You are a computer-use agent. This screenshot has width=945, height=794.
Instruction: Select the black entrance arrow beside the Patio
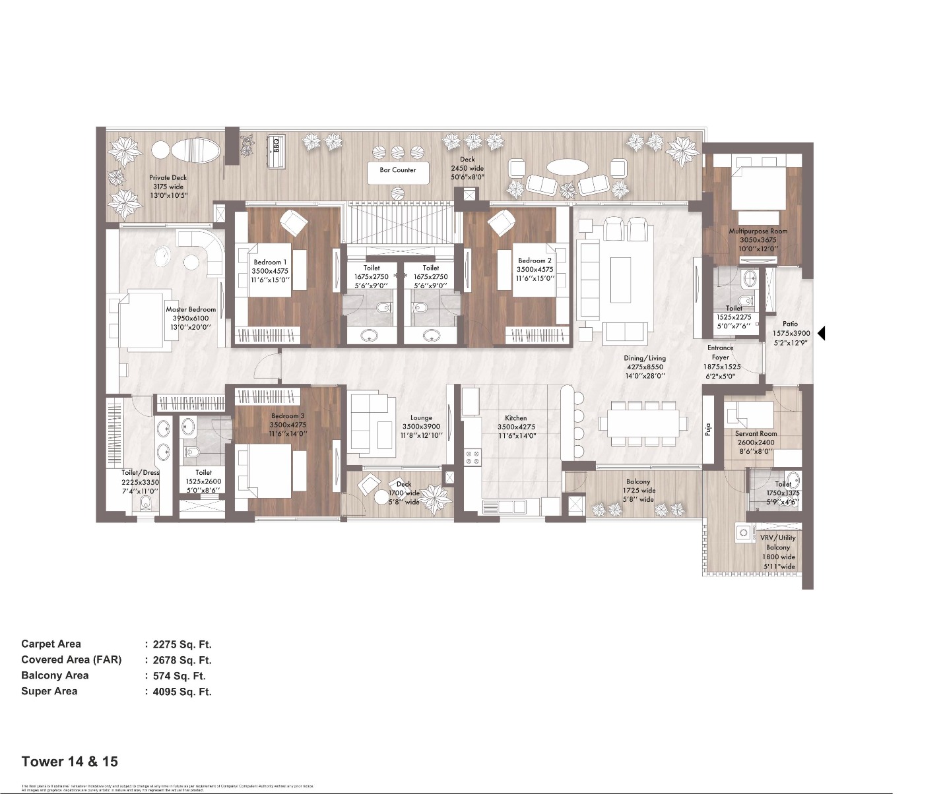pos(821,333)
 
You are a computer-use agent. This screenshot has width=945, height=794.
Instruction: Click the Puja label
pos(707,429)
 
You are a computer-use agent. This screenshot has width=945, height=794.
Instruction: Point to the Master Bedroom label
pos(191,309)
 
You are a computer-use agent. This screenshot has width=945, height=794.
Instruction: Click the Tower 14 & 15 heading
pos(69,762)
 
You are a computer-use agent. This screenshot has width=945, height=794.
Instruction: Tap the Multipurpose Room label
pos(758,231)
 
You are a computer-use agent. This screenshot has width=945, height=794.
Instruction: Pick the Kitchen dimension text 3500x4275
pos(516,427)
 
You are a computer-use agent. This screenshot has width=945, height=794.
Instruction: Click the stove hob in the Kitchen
pos(472,457)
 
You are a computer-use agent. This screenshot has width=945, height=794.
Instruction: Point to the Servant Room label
pos(756,434)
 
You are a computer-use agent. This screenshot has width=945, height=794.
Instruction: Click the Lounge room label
pos(421,417)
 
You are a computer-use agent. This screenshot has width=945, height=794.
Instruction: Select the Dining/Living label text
pos(645,358)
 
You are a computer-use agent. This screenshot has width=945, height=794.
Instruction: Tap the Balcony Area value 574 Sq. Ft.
pos(179,676)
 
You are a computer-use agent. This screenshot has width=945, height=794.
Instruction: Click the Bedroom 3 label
pos(288,416)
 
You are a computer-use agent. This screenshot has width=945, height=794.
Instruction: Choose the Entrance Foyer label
pos(721,352)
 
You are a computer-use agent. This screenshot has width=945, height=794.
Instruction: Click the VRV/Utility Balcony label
pos(778,542)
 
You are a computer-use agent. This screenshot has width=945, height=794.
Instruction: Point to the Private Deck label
pos(168,177)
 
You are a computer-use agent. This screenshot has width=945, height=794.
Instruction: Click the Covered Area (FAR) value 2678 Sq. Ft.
pos(181,660)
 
